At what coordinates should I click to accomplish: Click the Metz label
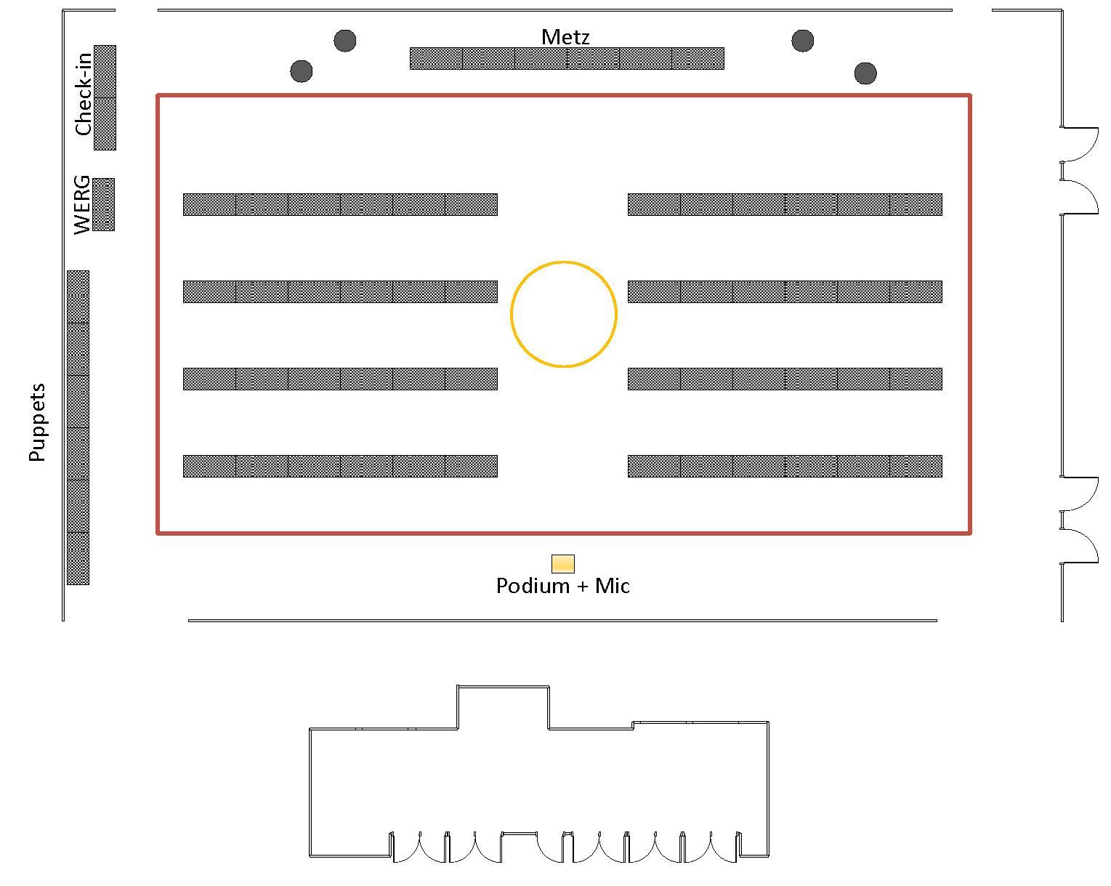click(565, 37)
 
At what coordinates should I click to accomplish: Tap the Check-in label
click(84, 93)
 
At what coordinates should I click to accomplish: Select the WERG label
click(82, 204)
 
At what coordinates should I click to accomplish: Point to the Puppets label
click(37, 422)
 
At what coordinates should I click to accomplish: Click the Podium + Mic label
click(562, 586)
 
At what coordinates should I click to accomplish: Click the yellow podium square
click(563, 563)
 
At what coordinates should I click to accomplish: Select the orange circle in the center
click(564, 314)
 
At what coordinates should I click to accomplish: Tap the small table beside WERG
click(104, 204)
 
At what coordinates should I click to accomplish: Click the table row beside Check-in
click(105, 97)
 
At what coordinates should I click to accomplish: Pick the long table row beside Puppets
click(78, 427)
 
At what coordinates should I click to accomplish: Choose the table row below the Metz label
click(567, 58)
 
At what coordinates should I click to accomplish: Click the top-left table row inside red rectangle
click(340, 204)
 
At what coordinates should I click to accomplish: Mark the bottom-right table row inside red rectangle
click(785, 466)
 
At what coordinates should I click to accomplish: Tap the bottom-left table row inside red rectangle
click(340, 466)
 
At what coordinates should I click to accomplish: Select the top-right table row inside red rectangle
click(785, 204)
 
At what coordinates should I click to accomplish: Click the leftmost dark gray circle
click(302, 71)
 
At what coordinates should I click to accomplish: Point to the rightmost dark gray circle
click(865, 73)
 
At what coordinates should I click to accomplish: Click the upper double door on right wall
click(1080, 171)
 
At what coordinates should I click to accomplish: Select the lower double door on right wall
click(1080, 520)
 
